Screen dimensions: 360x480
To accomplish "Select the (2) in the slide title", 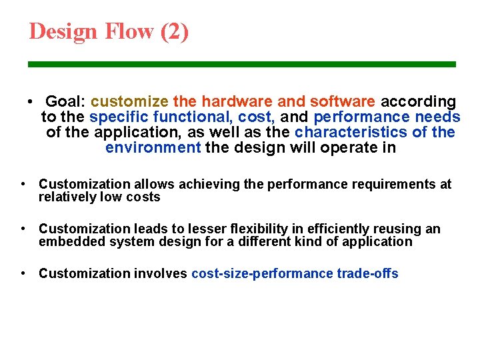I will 175,31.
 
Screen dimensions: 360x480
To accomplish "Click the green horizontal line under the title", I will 241,64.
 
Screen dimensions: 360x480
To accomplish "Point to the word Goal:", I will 65,102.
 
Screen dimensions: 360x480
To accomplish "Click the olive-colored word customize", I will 129,102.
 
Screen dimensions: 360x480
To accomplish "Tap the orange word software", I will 343,102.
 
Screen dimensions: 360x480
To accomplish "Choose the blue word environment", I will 153,147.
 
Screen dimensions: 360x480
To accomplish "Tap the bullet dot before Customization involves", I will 23,273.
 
